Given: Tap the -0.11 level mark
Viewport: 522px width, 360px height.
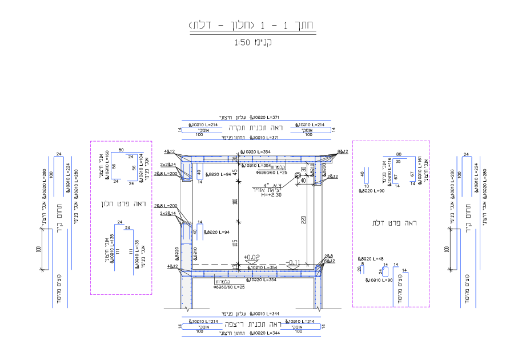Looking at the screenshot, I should coord(294,263).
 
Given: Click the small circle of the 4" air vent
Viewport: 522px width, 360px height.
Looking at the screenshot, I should coord(298,176).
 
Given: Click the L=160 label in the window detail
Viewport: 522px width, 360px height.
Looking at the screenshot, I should coord(106,158).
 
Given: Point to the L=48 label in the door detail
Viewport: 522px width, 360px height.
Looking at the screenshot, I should coord(371,259).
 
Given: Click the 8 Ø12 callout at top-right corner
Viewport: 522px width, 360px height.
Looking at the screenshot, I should coord(343,151).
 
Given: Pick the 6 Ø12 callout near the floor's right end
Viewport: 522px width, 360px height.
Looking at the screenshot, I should coord(328,261).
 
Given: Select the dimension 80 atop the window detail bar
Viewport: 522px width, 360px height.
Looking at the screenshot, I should coord(121,150).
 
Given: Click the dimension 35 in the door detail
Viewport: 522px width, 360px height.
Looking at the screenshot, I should coord(396,162).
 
